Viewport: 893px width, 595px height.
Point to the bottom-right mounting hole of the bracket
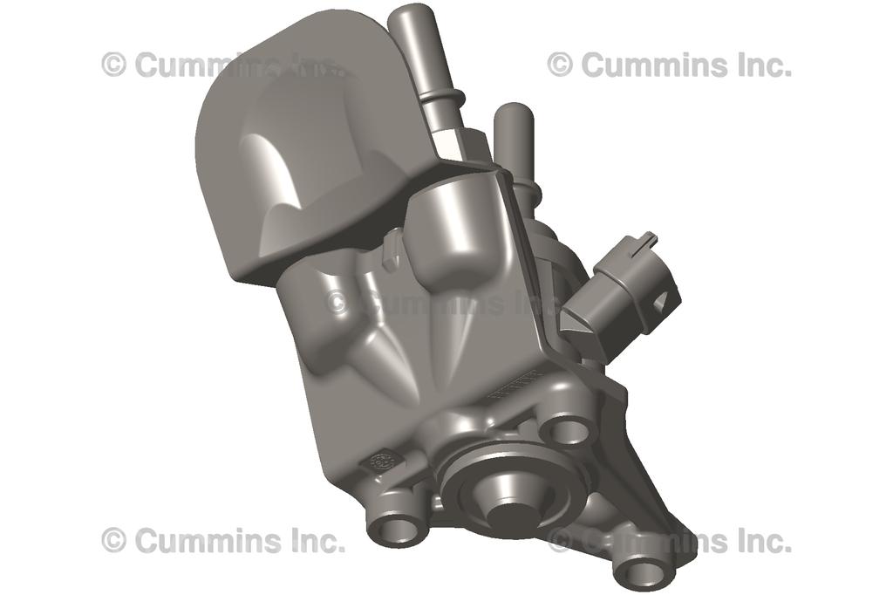pyautogui.click(x=643, y=571)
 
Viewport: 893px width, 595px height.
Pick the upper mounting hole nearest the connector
pyautogui.click(x=566, y=428)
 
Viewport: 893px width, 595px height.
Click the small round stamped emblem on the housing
pyautogui.click(x=381, y=463)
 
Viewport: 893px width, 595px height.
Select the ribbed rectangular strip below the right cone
pyautogui.click(x=515, y=385)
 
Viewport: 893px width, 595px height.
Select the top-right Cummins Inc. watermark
pyautogui.click(x=670, y=65)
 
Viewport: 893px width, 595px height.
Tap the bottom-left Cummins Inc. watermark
pyautogui.click(x=222, y=541)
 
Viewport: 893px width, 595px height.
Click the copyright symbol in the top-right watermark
pyautogui.click(x=560, y=65)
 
